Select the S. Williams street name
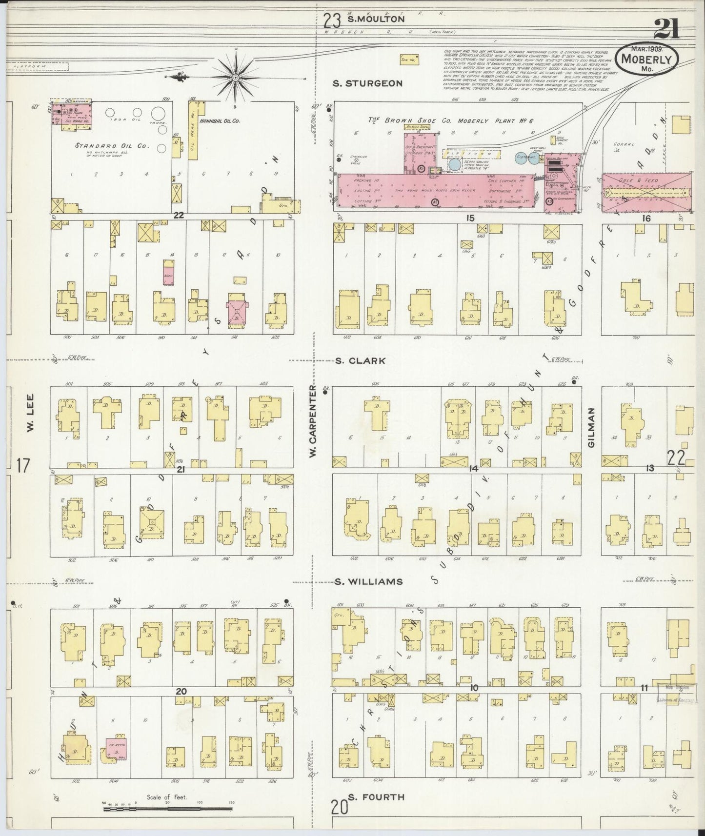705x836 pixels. coord(369,581)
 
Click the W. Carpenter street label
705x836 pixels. coord(313,421)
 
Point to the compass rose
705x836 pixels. coord(235,77)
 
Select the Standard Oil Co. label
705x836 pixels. coord(105,145)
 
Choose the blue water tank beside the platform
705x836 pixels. coord(454,164)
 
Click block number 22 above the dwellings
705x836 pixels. coord(179,215)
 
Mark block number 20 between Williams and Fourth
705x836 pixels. coord(181,691)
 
